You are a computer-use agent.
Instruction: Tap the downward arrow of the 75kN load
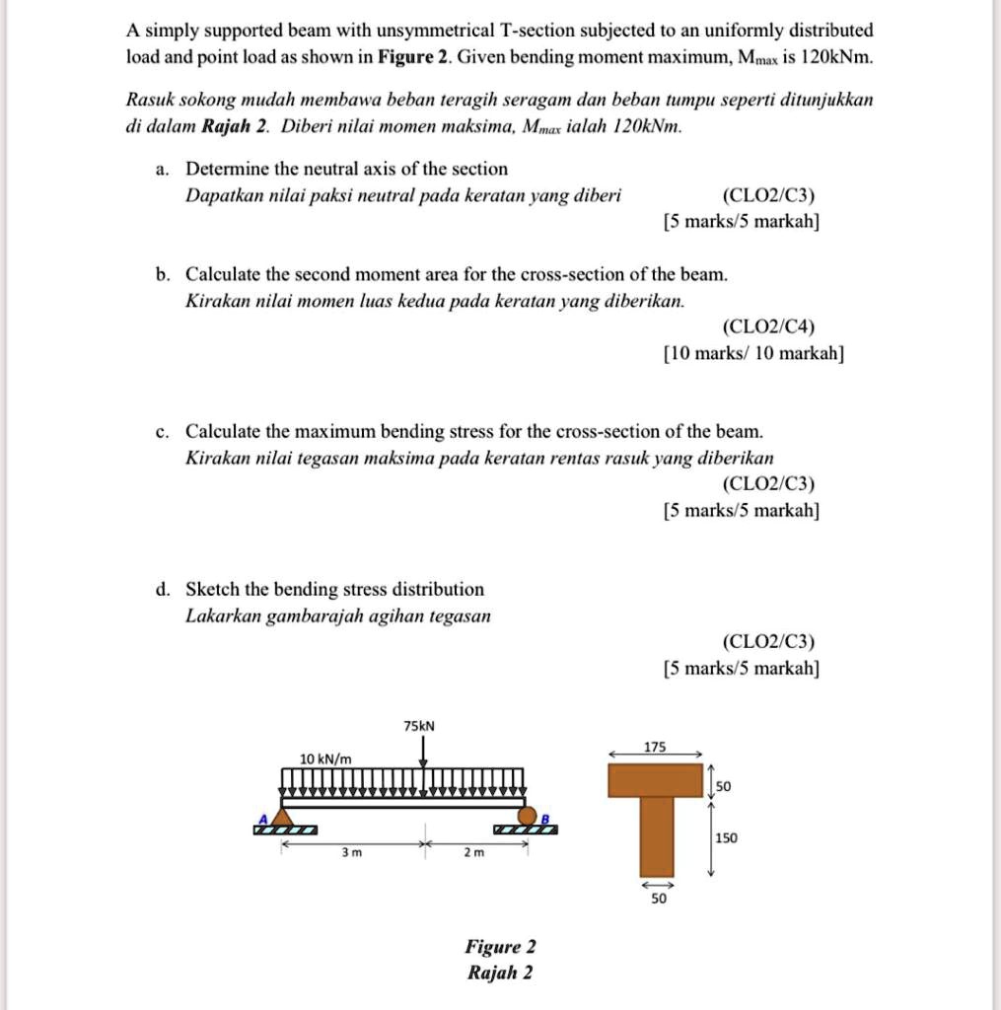pyautogui.click(x=424, y=753)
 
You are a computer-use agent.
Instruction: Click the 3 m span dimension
pyautogui.click(x=346, y=853)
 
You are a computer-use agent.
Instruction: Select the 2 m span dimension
pyautogui.click(x=474, y=853)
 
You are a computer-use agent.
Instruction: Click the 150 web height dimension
pyautogui.click(x=726, y=837)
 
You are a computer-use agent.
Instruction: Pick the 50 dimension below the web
pyautogui.click(x=659, y=900)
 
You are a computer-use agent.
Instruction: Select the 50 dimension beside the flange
pyautogui.click(x=724, y=786)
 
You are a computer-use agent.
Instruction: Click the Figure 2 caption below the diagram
pyautogui.click(x=500, y=947)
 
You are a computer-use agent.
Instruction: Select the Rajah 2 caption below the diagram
pyautogui.click(x=500, y=973)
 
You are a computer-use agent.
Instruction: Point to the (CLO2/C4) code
pyautogui.click(x=768, y=326)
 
